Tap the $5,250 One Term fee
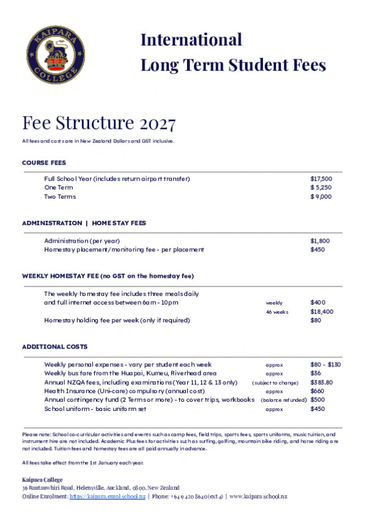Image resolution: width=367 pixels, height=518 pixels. click(x=321, y=188)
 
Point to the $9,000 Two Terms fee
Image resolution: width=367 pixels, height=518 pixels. click(x=321, y=197)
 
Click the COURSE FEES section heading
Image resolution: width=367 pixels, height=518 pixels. click(x=44, y=163)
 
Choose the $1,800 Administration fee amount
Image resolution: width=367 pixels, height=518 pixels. click(x=320, y=241)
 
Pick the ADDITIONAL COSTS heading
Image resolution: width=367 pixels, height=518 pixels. click(x=54, y=347)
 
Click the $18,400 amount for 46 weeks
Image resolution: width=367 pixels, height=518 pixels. click(x=322, y=311)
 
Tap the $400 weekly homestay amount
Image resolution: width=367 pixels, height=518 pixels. click(x=318, y=303)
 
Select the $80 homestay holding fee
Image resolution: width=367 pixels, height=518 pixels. click(x=316, y=320)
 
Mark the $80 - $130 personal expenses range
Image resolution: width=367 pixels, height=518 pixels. click(x=325, y=364)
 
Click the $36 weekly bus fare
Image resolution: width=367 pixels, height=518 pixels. click(x=316, y=373)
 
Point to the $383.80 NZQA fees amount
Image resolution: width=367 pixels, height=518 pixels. click(x=322, y=382)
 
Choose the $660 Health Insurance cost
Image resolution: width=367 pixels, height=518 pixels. click(x=317, y=391)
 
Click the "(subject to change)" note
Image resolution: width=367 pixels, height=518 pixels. click(x=275, y=382)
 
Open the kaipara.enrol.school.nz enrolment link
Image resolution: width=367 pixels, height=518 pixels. click(x=107, y=497)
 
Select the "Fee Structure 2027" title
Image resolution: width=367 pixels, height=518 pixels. click(x=99, y=124)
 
